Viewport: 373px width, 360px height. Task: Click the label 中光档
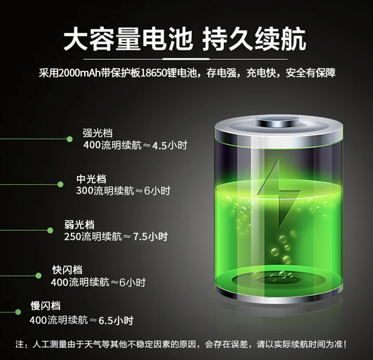[91, 179]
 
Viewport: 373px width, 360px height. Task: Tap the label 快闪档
[67, 270]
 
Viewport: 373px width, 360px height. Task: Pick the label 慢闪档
[45, 306]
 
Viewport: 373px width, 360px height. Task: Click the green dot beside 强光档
[70, 138]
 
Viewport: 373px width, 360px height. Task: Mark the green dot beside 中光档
[60, 184]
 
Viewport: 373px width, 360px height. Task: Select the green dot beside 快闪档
[38, 275]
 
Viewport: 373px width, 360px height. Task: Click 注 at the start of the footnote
[20, 344]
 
